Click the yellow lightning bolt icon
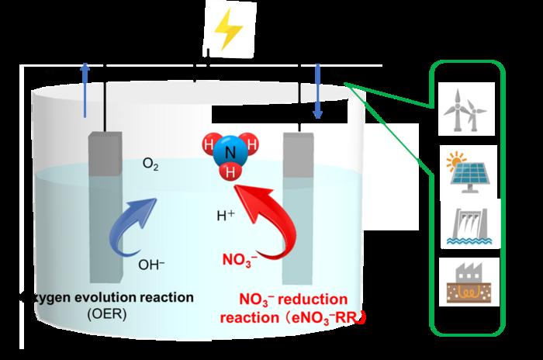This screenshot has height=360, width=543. (230, 29)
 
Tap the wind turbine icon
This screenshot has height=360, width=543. (465, 111)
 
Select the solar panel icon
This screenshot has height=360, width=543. (465, 169)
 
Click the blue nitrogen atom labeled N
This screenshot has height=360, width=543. (229, 154)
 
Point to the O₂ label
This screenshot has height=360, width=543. (151, 164)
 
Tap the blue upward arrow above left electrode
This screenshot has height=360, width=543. (85, 89)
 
